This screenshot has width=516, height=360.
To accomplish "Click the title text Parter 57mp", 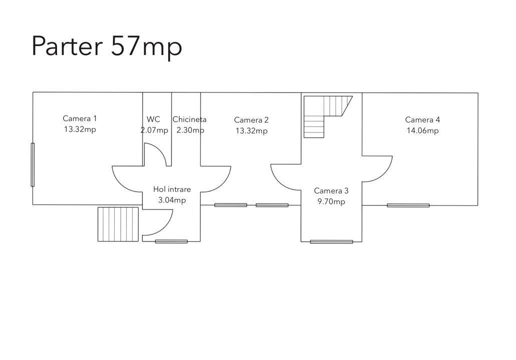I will [107, 46].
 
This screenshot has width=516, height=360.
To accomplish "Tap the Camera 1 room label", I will [80, 118].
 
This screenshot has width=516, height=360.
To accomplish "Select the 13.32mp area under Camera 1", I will [80, 129].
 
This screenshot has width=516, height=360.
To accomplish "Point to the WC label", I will [153, 119].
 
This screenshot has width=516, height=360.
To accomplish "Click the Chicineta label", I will [189, 119].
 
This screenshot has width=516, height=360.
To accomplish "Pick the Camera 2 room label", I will [251, 120].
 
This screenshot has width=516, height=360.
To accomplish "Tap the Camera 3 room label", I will [331, 190].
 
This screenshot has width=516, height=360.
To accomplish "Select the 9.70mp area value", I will [331, 201].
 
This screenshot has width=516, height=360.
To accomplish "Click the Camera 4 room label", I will [422, 119].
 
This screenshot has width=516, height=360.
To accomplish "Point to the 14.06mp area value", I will [422, 130].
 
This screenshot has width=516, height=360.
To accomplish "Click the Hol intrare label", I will [172, 189].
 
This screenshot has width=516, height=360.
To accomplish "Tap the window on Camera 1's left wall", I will [33, 164].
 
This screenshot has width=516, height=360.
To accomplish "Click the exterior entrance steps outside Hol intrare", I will [118, 224].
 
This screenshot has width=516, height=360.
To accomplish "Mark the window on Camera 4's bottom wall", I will [408, 205].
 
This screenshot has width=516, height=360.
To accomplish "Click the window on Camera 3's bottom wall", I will [331, 241].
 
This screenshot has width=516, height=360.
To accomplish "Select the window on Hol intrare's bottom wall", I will [171, 241].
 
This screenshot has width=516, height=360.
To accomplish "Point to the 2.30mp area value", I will [190, 130].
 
